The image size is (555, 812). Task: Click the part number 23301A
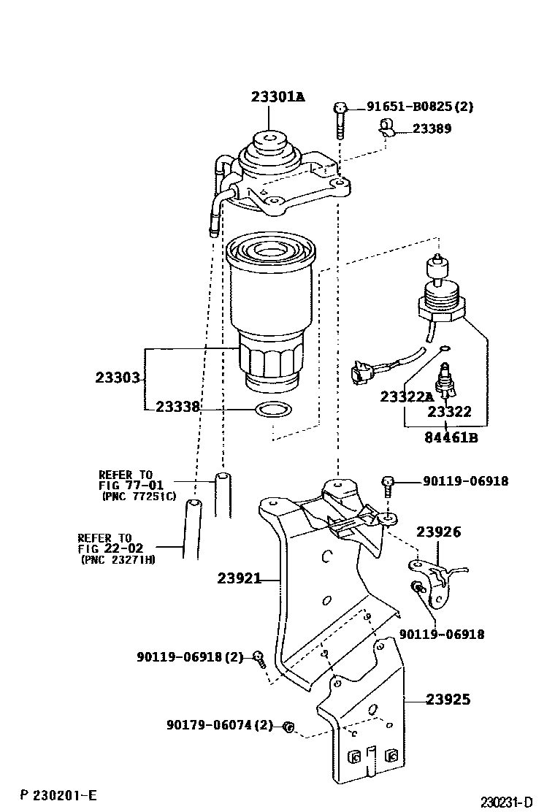tap(277, 96)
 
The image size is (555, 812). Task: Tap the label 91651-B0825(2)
tap(420, 107)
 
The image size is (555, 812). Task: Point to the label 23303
tap(117, 378)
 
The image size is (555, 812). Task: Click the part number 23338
tap(177, 407)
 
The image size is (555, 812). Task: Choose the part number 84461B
tap(451, 438)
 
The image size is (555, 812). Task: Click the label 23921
tap(239, 579)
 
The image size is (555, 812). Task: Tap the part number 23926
tap(438, 532)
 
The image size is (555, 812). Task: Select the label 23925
tap(448, 700)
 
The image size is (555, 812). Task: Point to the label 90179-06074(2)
tap(219, 725)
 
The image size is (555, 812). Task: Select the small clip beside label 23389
tap(386, 130)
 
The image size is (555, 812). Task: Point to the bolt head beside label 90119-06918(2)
tap(258, 656)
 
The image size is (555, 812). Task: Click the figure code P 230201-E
tap(58, 794)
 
